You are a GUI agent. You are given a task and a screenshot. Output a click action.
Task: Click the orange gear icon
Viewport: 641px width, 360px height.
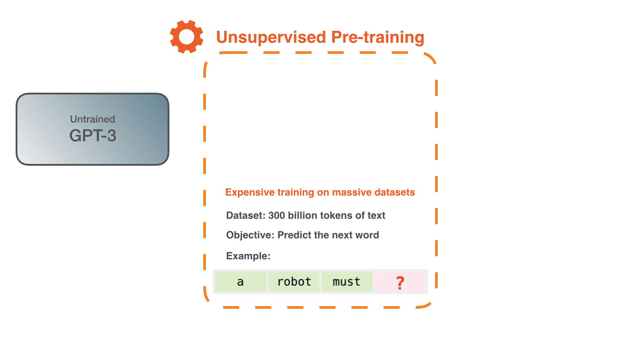[186, 37]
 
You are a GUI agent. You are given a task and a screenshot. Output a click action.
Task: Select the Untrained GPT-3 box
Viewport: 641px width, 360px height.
[93, 129]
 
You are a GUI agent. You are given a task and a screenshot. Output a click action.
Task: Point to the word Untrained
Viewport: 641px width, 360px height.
[93, 119]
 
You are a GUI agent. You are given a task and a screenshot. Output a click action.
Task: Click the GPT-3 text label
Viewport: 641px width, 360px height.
[93, 135]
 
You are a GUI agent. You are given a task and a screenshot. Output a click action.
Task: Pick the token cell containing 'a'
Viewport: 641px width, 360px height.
[240, 282]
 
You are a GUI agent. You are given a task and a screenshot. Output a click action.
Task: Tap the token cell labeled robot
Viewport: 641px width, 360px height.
[294, 282]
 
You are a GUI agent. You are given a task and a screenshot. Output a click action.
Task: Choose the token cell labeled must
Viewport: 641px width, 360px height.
[346, 282]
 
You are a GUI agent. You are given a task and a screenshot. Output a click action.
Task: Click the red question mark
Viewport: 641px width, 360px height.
[400, 282]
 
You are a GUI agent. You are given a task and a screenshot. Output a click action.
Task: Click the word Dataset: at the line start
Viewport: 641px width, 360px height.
[246, 216]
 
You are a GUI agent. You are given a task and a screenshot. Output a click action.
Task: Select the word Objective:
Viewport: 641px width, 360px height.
[250, 235]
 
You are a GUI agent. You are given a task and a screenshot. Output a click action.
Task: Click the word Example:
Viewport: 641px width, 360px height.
[248, 256]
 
